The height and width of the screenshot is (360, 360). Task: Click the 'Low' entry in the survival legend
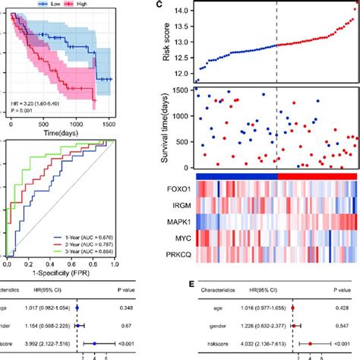53,4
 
